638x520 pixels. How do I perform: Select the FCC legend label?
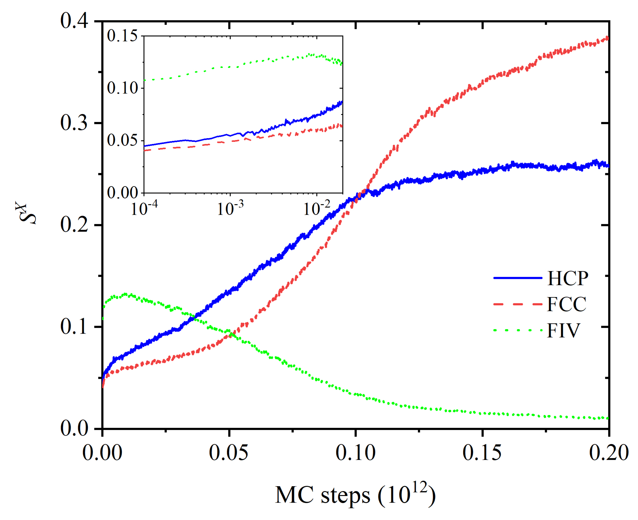[x=566, y=305]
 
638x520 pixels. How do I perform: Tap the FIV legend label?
[x=563, y=331]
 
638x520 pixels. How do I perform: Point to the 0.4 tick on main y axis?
[x=74, y=21]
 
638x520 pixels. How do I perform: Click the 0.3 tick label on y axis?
[x=74, y=123]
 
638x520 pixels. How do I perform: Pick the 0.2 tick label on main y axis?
[x=74, y=225]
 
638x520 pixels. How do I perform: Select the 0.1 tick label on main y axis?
[x=74, y=326]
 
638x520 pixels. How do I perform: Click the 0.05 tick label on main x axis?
[x=229, y=453]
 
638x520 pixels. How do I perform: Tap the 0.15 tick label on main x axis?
[x=482, y=453]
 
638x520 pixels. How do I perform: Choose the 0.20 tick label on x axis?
[x=608, y=453]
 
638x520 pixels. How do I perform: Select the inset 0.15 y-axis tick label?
[x=122, y=36]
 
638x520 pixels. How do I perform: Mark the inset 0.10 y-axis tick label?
[x=122, y=88]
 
